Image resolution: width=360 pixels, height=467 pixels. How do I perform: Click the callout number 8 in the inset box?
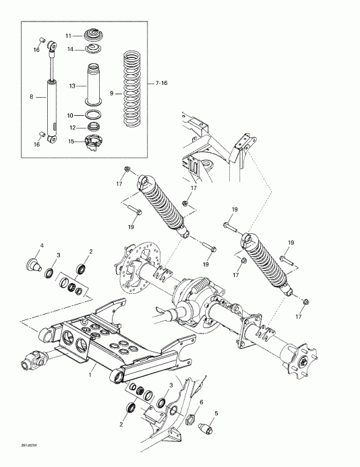click(x=32, y=97)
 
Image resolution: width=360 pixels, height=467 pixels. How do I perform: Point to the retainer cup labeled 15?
click(x=93, y=141)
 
